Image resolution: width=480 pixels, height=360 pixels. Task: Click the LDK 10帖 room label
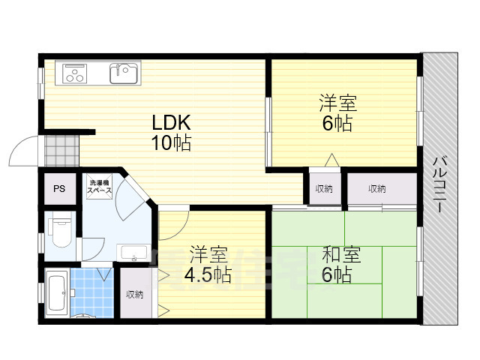(172, 133)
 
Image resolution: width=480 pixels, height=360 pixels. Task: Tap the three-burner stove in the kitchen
(75, 73)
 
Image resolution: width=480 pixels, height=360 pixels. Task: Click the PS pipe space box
(58, 189)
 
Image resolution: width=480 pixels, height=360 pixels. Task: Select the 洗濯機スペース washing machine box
(99, 187)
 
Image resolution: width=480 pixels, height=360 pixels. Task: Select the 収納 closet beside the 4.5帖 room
(134, 294)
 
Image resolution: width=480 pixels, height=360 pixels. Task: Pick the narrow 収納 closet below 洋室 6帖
(323, 188)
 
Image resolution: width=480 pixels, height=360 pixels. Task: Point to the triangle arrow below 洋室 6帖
(330, 160)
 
